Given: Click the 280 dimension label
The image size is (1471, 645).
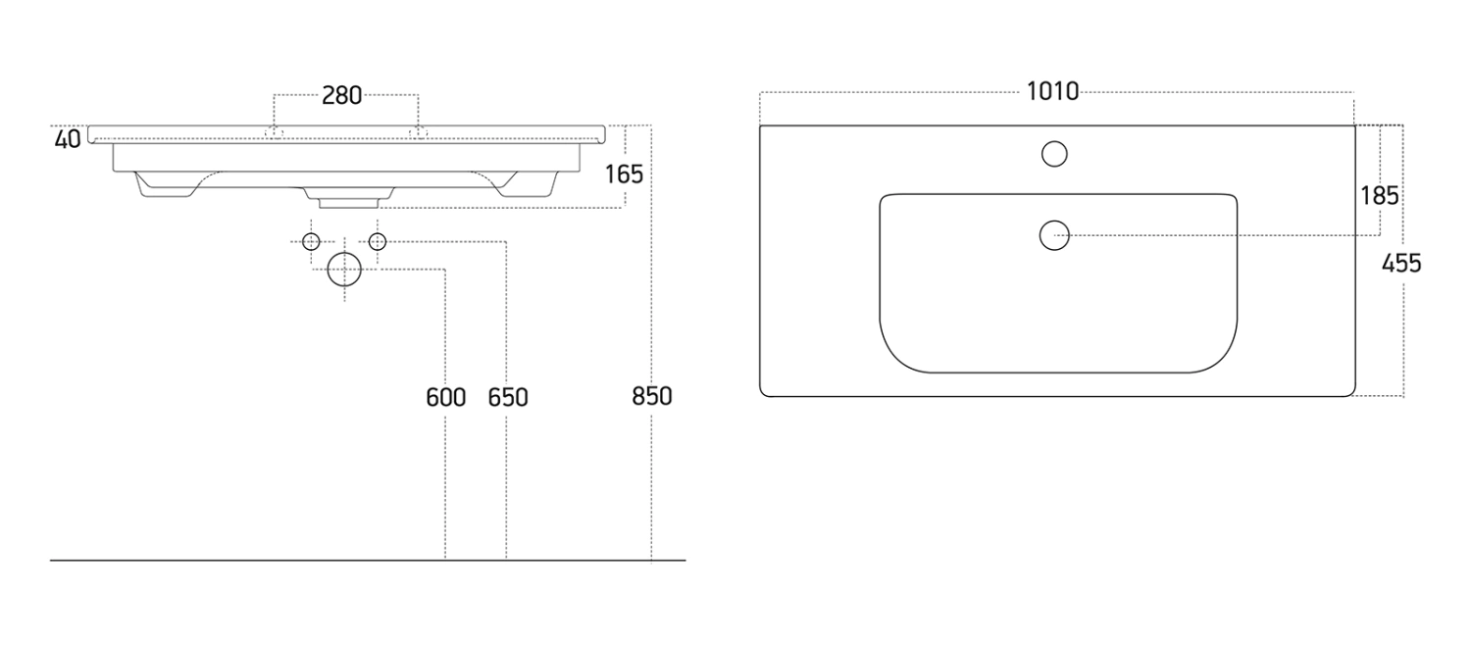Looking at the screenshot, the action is [341, 96].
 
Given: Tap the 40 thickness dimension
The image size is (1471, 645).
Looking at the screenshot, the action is [68, 139].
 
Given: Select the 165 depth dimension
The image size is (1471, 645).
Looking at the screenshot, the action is [624, 174].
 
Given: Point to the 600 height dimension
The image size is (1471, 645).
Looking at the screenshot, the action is [446, 397].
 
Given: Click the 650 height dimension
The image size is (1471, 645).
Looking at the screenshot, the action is [508, 397].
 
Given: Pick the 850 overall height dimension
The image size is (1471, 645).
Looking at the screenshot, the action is [652, 396].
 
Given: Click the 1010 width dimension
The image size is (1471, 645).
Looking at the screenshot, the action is [1052, 91].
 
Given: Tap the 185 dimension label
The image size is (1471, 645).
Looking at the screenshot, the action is [1380, 195].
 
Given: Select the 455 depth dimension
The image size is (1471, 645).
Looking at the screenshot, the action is [1401, 263].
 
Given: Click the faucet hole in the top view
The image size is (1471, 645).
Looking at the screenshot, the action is [1054, 154].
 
